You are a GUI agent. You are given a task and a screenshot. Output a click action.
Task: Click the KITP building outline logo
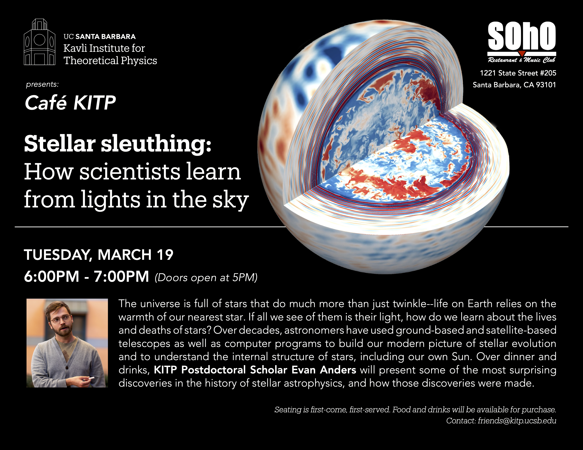click(x=40, y=42)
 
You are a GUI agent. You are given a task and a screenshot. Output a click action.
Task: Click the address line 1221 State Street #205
click(x=518, y=73)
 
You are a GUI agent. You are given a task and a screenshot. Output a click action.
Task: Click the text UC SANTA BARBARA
click(x=100, y=36)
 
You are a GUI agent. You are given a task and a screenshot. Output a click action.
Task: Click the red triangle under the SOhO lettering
click(x=522, y=53)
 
